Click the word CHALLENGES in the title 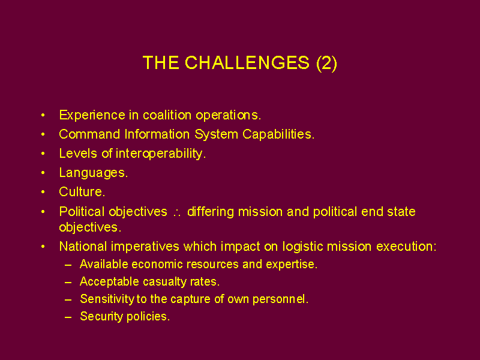(247, 63)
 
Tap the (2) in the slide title (326, 64)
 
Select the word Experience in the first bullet (92, 115)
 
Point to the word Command (89, 134)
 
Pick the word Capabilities (278, 134)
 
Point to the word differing (211, 212)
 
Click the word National (83, 247)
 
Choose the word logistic (303, 247)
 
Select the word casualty (164, 282)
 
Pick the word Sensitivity (107, 299)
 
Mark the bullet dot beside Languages (43, 173)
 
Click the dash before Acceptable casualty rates (68, 282)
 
